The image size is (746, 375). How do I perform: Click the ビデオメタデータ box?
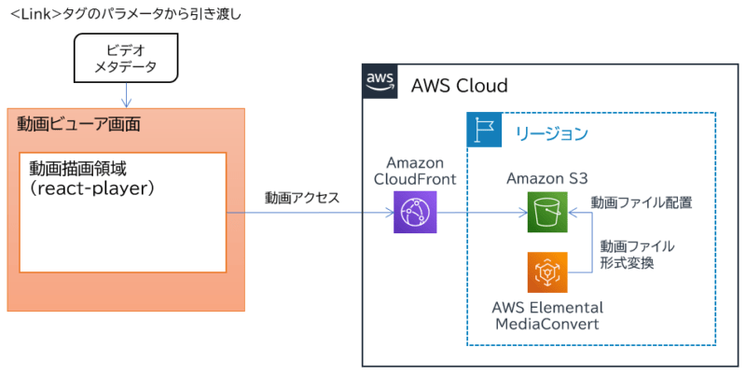pyautogui.click(x=127, y=59)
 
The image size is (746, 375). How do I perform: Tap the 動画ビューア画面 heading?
pyautogui.click(x=78, y=123)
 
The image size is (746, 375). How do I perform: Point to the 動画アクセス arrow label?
pyautogui.click(x=301, y=198)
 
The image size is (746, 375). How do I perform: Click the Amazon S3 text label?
pyautogui.click(x=546, y=178)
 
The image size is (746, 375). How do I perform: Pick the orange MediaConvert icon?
pyautogui.click(x=546, y=273)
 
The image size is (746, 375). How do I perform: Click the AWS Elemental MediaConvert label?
pyautogui.click(x=547, y=315)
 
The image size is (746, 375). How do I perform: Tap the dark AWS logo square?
pyautogui.click(x=380, y=82)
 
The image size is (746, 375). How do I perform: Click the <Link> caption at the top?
pyautogui.click(x=125, y=15)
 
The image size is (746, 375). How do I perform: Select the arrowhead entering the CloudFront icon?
pyautogui.click(x=390, y=214)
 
